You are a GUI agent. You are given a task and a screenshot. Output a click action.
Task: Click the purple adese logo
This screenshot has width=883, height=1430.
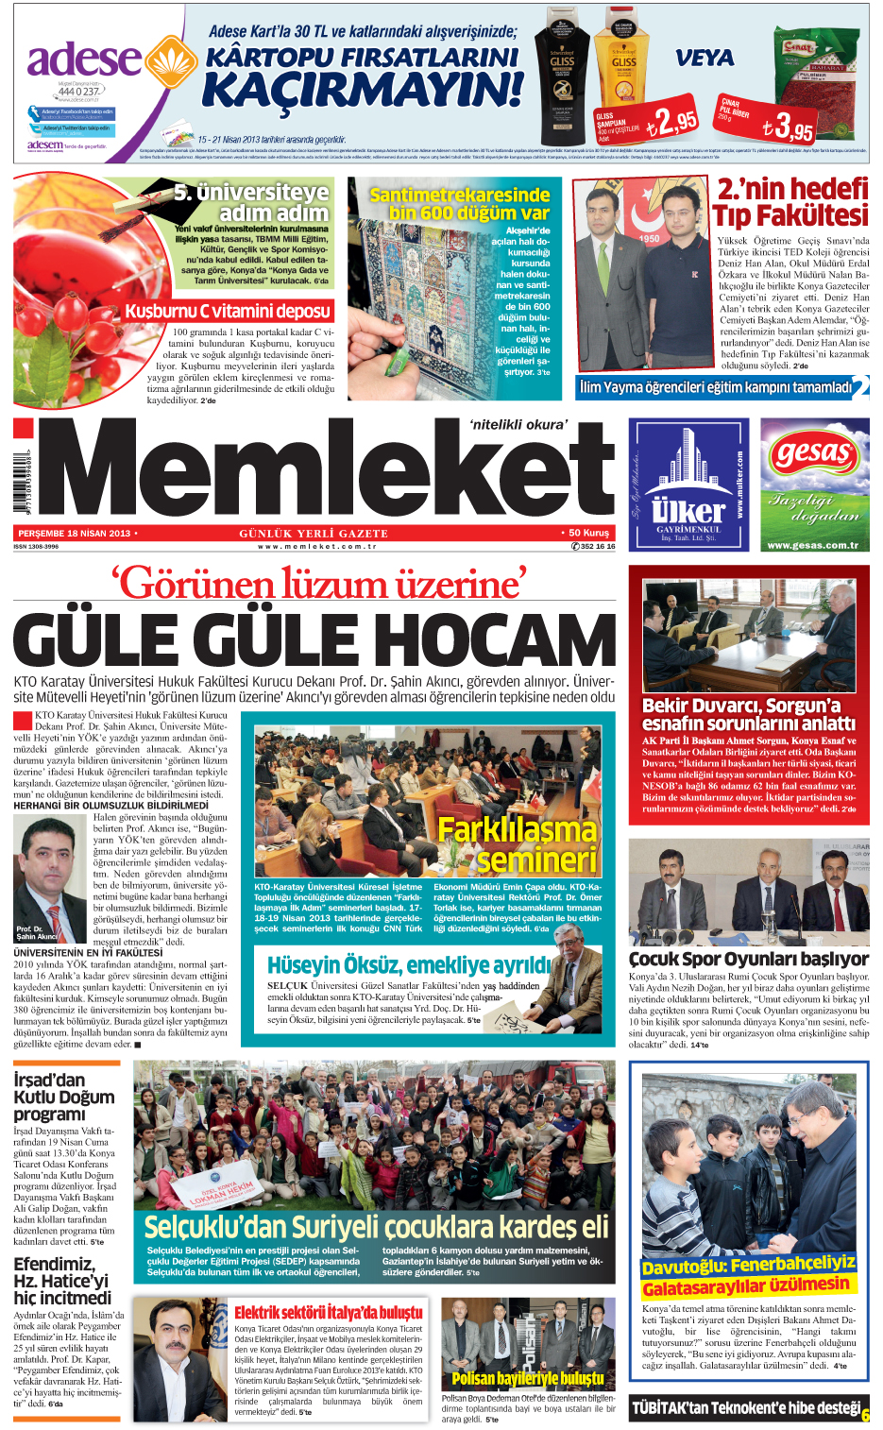click(x=85, y=60)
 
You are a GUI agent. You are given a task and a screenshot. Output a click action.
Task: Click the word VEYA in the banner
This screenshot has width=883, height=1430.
click(x=705, y=59)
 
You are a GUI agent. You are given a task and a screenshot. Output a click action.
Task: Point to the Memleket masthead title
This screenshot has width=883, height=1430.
click(x=326, y=468)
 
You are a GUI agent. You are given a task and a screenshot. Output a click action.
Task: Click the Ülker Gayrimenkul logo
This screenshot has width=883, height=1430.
click(x=688, y=485)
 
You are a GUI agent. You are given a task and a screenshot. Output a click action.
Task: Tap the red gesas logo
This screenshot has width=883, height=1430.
click(x=813, y=455)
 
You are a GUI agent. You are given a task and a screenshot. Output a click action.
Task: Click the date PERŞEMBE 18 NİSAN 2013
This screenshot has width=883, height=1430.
click(x=75, y=534)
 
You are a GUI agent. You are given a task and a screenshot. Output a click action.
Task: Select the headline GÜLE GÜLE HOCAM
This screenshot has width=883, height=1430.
click(x=314, y=639)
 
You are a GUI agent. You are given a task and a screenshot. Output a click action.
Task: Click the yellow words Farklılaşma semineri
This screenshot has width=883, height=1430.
click(x=518, y=844)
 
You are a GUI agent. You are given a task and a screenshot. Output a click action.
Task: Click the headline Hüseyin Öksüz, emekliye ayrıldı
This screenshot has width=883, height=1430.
click(x=408, y=965)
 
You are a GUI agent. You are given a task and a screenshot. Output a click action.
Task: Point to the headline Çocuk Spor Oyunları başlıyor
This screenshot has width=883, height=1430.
click(x=748, y=959)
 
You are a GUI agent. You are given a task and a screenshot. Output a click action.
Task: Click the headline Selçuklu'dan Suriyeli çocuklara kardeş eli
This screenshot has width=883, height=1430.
click(x=376, y=1227)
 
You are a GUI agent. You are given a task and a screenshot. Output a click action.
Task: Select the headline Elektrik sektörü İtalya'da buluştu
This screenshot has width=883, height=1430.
click(x=328, y=1312)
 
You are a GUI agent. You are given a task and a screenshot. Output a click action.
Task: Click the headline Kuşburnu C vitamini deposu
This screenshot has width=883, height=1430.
click(x=228, y=311)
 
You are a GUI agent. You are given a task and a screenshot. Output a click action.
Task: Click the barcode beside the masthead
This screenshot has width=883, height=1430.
click(x=21, y=481)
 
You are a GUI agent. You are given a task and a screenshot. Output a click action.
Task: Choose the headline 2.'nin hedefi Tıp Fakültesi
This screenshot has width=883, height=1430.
click(x=791, y=202)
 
